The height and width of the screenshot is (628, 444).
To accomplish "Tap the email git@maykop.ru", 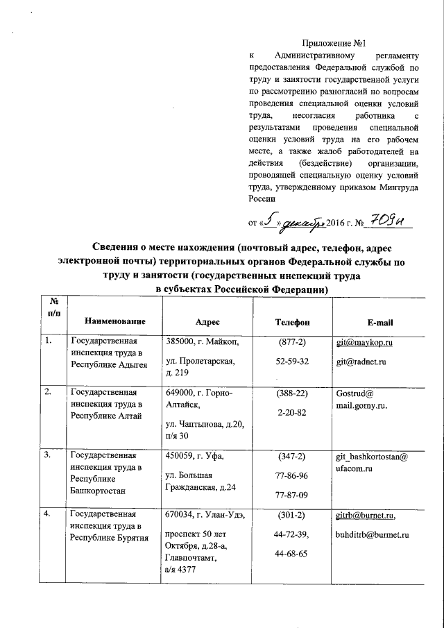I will click(364, 343).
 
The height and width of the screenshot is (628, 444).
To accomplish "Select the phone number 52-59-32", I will click(292, 362).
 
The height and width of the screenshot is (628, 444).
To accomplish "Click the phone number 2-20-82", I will click(292, 412).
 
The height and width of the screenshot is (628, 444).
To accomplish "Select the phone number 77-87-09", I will click(292, 495).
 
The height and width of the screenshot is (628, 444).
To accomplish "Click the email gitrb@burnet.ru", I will click(365, 516).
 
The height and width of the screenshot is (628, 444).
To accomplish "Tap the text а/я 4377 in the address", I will click(180, 569).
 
